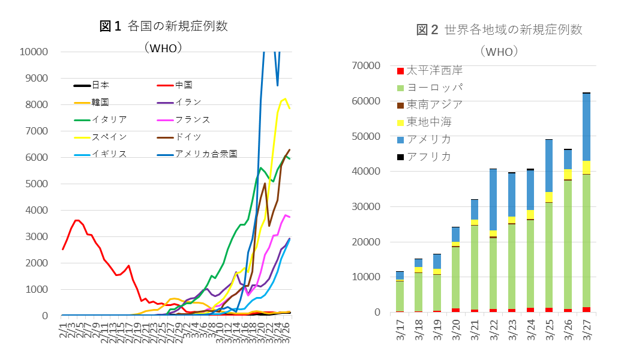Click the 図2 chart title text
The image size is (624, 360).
(x=499, y=29)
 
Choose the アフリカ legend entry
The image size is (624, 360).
(x=428, y=157)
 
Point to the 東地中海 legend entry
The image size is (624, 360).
(x=428, y=122)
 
